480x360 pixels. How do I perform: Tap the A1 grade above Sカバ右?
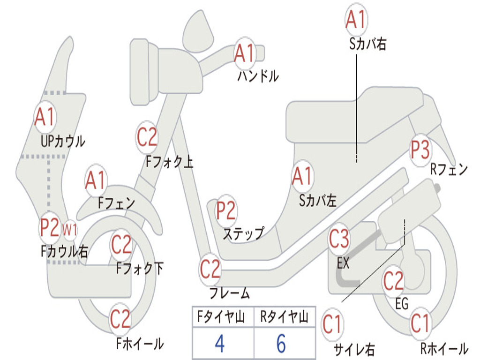356,19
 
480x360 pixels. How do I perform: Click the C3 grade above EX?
338,239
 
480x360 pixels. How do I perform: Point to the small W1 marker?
70,229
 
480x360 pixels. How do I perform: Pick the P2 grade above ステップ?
226,210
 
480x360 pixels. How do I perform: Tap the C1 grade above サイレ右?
332,324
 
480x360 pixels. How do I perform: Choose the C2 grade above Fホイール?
120,319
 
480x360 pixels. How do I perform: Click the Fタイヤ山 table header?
221,317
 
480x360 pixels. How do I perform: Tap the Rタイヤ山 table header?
285,317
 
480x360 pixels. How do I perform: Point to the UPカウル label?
63,142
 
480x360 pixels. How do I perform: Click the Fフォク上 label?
169,161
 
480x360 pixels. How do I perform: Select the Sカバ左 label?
318,201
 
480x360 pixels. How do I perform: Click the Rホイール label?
444,348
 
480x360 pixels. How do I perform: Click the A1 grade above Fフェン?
96,180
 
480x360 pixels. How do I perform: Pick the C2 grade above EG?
393,281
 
